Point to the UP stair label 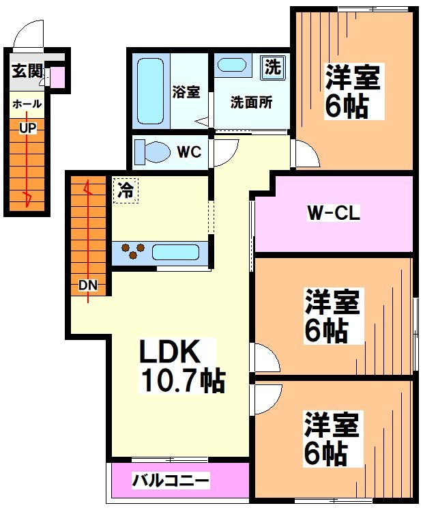tap(27, 127)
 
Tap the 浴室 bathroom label tap(186, 91)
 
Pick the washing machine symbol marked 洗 tap(272, 68)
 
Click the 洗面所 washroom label tap(251, 103)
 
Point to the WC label tap(189, 152)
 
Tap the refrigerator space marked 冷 tap(126, 189)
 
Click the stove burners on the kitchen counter tap(132, 252)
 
